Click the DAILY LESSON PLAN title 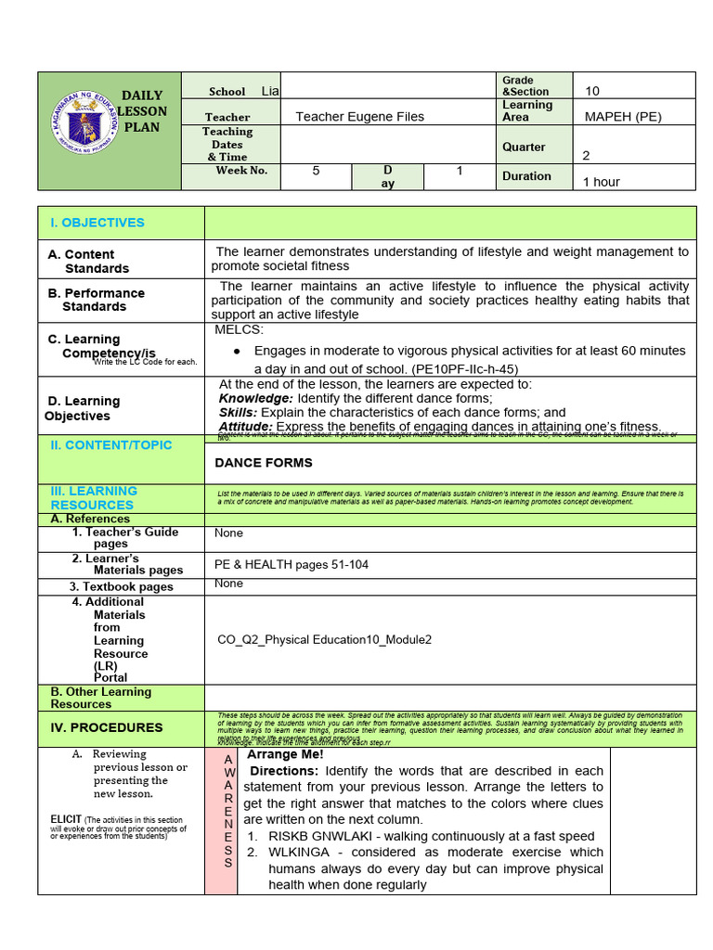(x=142, y=111)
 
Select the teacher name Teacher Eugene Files (x=359, y=117)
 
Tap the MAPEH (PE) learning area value (x=623, y=117)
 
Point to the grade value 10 (x=593, y=91)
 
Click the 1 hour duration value (x=601, y=182)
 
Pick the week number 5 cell (x=316, y=171)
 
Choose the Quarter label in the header (x=524, y=147)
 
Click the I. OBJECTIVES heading (x=97, y=223)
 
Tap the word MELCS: (x=240, y=330)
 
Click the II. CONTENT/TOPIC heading (x=110, y=445)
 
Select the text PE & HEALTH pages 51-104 (x=285, y=564)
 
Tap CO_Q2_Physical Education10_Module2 (x=324, y=640)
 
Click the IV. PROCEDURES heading (x=107, y=728)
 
